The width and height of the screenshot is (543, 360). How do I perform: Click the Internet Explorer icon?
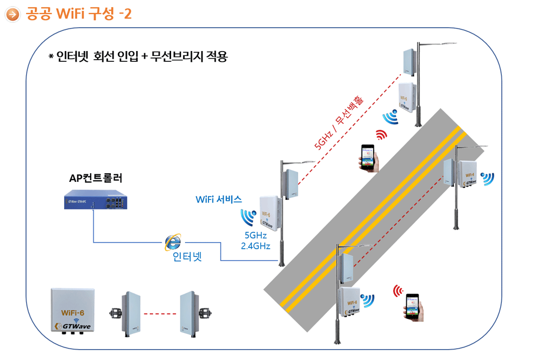[173, 243]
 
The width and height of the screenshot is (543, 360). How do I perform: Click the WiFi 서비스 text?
[218, 199]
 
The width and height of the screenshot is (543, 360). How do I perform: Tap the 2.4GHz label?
[255, 245]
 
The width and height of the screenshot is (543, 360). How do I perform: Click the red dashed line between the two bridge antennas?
[161, 313]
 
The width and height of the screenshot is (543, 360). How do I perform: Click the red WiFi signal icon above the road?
[382, 135]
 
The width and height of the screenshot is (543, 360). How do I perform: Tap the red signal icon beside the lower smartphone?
[398, 292]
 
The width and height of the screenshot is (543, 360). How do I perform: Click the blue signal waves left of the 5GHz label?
[248, 217]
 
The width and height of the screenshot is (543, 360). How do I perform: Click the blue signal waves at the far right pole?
[487, 179]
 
